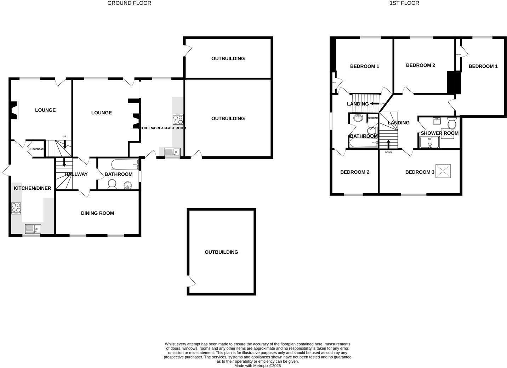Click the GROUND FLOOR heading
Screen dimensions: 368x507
coord(129,3)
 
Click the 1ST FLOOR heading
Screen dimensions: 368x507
coord(404,3)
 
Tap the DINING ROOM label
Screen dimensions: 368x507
coord(97,213)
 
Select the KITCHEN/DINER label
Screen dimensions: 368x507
coord(33,188)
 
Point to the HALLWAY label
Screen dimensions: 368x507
coord(76,174)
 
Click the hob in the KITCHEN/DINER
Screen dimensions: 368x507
coord(16,208)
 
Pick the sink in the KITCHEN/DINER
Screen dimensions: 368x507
coord(33,229)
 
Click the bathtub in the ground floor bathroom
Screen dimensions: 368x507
coord(125,164)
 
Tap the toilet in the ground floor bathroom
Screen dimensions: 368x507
coord(112,184)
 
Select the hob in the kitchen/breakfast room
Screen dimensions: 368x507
coord(178,119)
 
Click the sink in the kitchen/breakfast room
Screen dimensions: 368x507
coord(172,152)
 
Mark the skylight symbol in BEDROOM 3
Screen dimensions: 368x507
coord(443,171)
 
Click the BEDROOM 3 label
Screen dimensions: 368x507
coord(420,172)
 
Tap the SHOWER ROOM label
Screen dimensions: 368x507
coord(439,133)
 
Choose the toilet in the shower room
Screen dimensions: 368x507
coord(451,123)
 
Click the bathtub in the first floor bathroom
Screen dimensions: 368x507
coord(364,143)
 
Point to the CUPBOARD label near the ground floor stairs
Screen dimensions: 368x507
coord(38,149)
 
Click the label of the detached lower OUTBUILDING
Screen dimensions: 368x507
coord(221,252)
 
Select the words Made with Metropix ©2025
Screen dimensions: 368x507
coord(257,366)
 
